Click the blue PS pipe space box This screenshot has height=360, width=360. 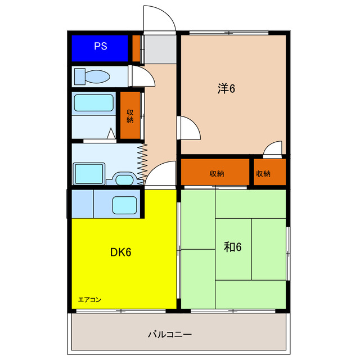[x=101, y=47]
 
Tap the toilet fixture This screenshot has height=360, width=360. [x=92, y=76]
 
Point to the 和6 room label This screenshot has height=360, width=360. [x=233, y=247]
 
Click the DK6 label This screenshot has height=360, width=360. [x=120, y=252]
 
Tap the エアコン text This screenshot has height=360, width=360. [x=89, y=299]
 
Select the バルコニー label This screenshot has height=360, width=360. [x=170, y=334]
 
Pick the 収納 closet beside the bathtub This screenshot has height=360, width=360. [x=130, y=115]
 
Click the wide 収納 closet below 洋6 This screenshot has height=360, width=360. [x=214, y=173]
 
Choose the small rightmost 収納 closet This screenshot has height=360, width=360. [x=263, y=173]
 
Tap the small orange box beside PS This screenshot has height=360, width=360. [x=136, y=48]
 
